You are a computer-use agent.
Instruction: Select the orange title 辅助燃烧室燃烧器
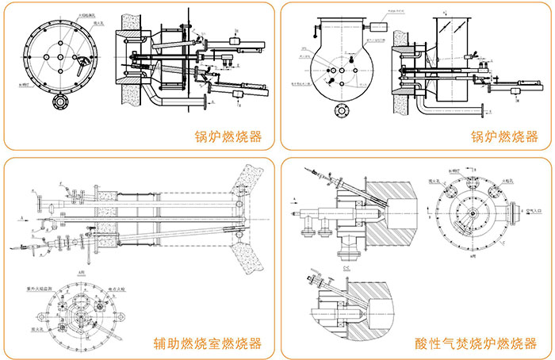[207, 345]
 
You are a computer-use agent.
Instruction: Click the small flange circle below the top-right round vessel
[343, 110]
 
